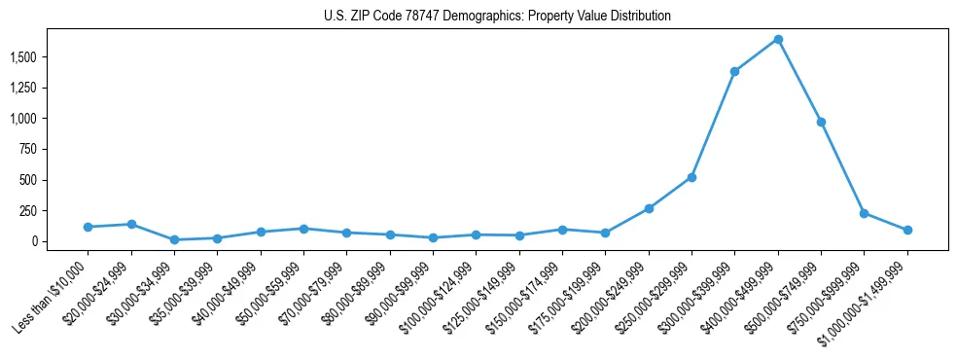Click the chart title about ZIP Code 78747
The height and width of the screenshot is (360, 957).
click(497, 17)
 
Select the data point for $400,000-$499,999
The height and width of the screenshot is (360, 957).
click(778, 40)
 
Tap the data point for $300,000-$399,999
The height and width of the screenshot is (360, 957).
click(734, 71)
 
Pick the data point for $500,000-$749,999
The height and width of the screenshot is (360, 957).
click(821, 122)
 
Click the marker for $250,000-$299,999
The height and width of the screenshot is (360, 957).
click(691, 177)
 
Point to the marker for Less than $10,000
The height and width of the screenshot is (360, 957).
click(88, 227)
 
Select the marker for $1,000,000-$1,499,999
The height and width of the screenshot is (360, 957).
click(907, 230)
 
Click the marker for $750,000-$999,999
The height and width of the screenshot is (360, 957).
click(864, 213)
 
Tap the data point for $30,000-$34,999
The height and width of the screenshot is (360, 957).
click(174, 239)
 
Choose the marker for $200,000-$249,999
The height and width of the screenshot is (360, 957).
click(649, 208)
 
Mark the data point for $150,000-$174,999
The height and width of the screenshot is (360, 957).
click(562, 230)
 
